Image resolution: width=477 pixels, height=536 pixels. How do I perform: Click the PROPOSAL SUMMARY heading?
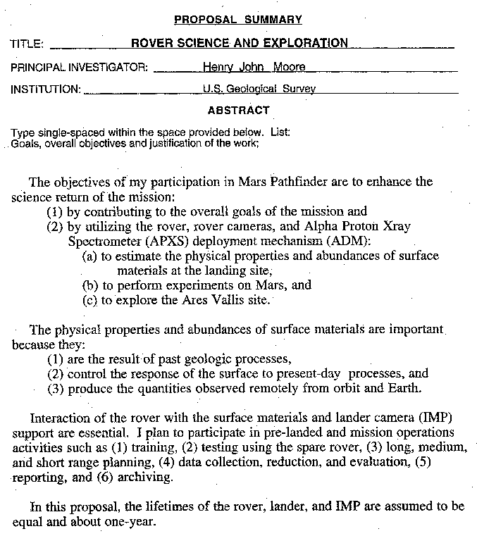(x=237, y=20)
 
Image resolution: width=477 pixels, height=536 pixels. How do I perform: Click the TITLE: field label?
(x=27, y=44)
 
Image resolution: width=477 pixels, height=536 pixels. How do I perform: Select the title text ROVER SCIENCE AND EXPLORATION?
(x=240, y=43)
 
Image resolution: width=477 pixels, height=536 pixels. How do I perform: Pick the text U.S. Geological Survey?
(x=259, y=89)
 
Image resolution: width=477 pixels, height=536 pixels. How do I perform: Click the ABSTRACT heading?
(x=238, y=111)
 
